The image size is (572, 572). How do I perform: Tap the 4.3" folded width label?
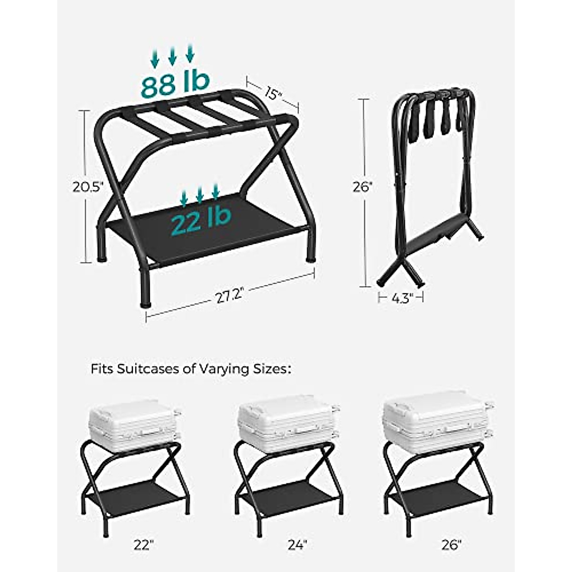click(x=401, y=299)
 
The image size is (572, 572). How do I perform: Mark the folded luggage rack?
click(x=431, y=186)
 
